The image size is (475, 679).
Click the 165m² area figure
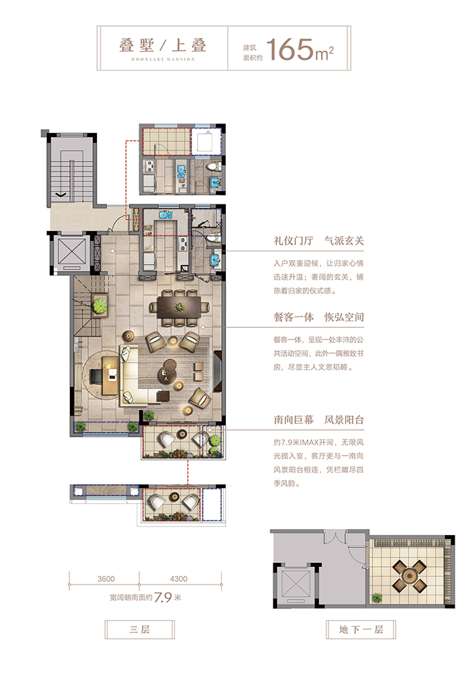click(300, 49)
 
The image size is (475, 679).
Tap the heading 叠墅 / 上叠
click(163, 45)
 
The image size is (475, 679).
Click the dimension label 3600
click(106, 579)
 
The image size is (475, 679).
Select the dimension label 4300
click(178, 579)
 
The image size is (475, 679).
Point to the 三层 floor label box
click(140, 629)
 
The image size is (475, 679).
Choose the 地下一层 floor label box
click(361, 629)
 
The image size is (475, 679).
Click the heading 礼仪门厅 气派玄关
click(318, 241)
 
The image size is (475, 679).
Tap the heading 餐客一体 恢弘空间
click(318, 317)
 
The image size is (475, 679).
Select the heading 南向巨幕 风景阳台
click(318, 420)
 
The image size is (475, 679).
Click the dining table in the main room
click(179, 308)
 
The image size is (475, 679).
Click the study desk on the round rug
click(111, 375)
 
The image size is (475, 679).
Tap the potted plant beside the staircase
click(100, 305)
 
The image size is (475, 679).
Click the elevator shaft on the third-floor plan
click(71, 253)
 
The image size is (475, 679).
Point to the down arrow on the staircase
click(62, 196)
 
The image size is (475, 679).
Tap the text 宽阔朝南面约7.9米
click(145, 598)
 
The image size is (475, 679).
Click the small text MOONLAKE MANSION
click(163, 59)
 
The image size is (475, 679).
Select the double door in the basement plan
click(336, 538)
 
